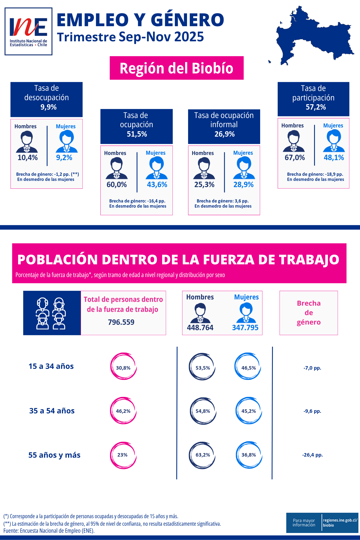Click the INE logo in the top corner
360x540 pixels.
pos(28,31)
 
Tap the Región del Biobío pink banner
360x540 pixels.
pos(176,68)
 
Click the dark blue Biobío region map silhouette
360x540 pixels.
pos(313,38)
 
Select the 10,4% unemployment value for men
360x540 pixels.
pos(28,158)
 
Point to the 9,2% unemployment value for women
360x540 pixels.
pos(64,158)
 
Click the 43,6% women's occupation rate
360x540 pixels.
pos(157,185)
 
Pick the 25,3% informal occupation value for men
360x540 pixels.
pos(204,185)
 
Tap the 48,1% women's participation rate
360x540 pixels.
pos(334,158)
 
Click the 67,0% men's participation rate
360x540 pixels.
pos(295,158)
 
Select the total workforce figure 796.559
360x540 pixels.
pos(121,322)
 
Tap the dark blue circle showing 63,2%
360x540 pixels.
pos(203,455)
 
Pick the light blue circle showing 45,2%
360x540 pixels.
pos(249,411)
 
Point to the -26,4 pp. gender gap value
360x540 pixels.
pos(313,455)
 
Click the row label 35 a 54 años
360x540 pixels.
pos(52,411)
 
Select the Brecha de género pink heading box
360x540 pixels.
pos(308,313)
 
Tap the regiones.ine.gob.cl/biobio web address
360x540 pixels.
pos(340,522)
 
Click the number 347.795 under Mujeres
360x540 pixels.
pos(245,328)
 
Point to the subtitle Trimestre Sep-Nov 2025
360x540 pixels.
pos(130,37)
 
